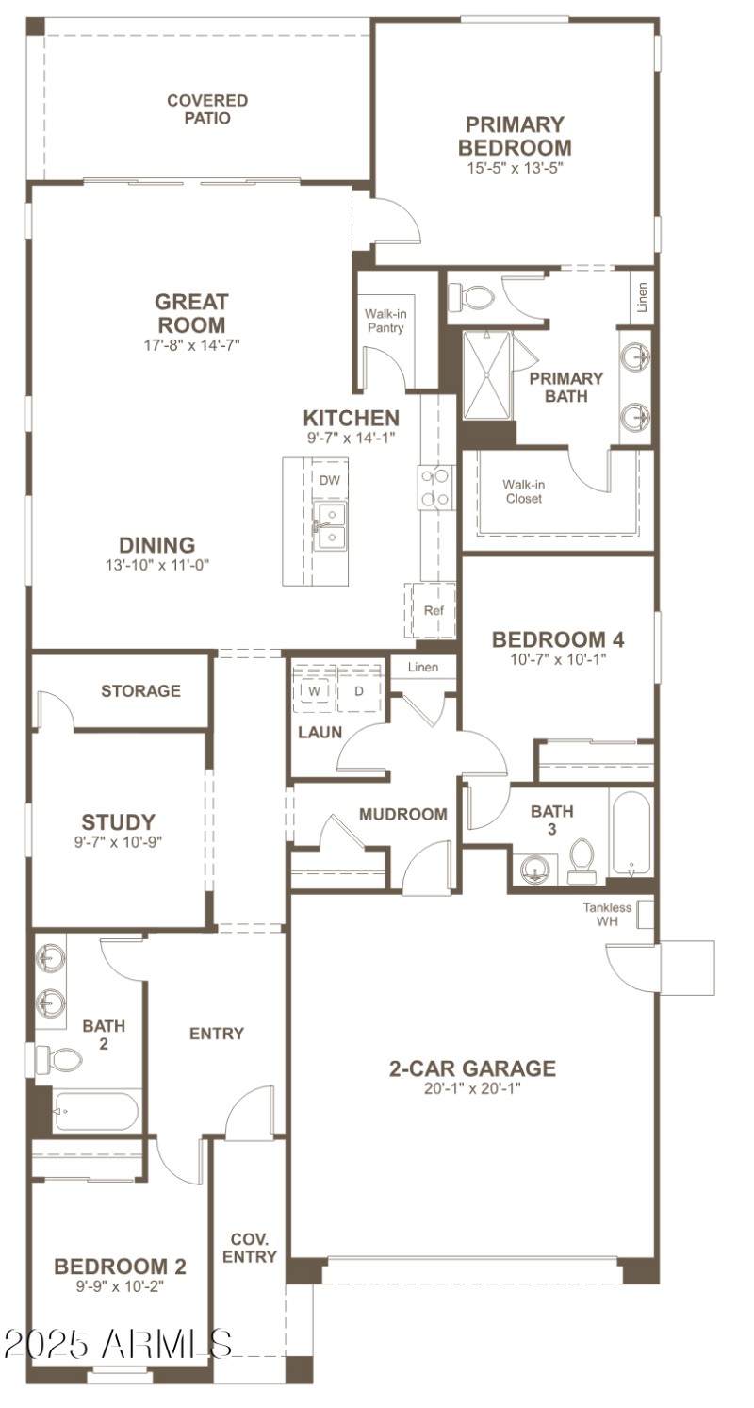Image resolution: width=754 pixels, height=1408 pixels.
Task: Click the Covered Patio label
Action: click(x=207, y=109)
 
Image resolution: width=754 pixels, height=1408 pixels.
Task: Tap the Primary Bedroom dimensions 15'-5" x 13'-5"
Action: click(x=514, y=168)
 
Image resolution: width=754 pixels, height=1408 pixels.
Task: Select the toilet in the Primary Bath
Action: click(x=471, y=298)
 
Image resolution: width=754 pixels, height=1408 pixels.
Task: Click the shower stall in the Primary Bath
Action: click(x=485, y=373)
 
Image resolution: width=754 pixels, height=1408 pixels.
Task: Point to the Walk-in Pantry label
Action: click(x=385, y=321)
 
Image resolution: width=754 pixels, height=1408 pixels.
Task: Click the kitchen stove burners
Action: click(x=434, y=487)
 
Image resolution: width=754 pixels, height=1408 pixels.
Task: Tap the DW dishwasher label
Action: click(x=329, y=480)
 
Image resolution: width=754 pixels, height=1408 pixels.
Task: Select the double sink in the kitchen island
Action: click(x=330, y=525)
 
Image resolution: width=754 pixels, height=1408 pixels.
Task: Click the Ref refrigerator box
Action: click(x=433, y=610)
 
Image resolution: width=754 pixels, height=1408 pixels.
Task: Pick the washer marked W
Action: click(x=312, y=690)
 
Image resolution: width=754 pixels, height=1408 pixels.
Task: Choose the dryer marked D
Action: click(x=358, y=690)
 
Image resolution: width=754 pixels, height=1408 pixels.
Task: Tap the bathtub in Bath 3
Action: click(x=631, y=834)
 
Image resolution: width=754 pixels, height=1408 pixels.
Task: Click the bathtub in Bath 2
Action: click(x=95, y=1111)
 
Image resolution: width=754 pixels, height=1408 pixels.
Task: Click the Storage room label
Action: click(x=140, y=691)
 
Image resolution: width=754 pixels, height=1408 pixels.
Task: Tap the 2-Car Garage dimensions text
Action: click(x=472, y=1087)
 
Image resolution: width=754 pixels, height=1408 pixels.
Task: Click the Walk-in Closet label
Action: click(x=523, y=491)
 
